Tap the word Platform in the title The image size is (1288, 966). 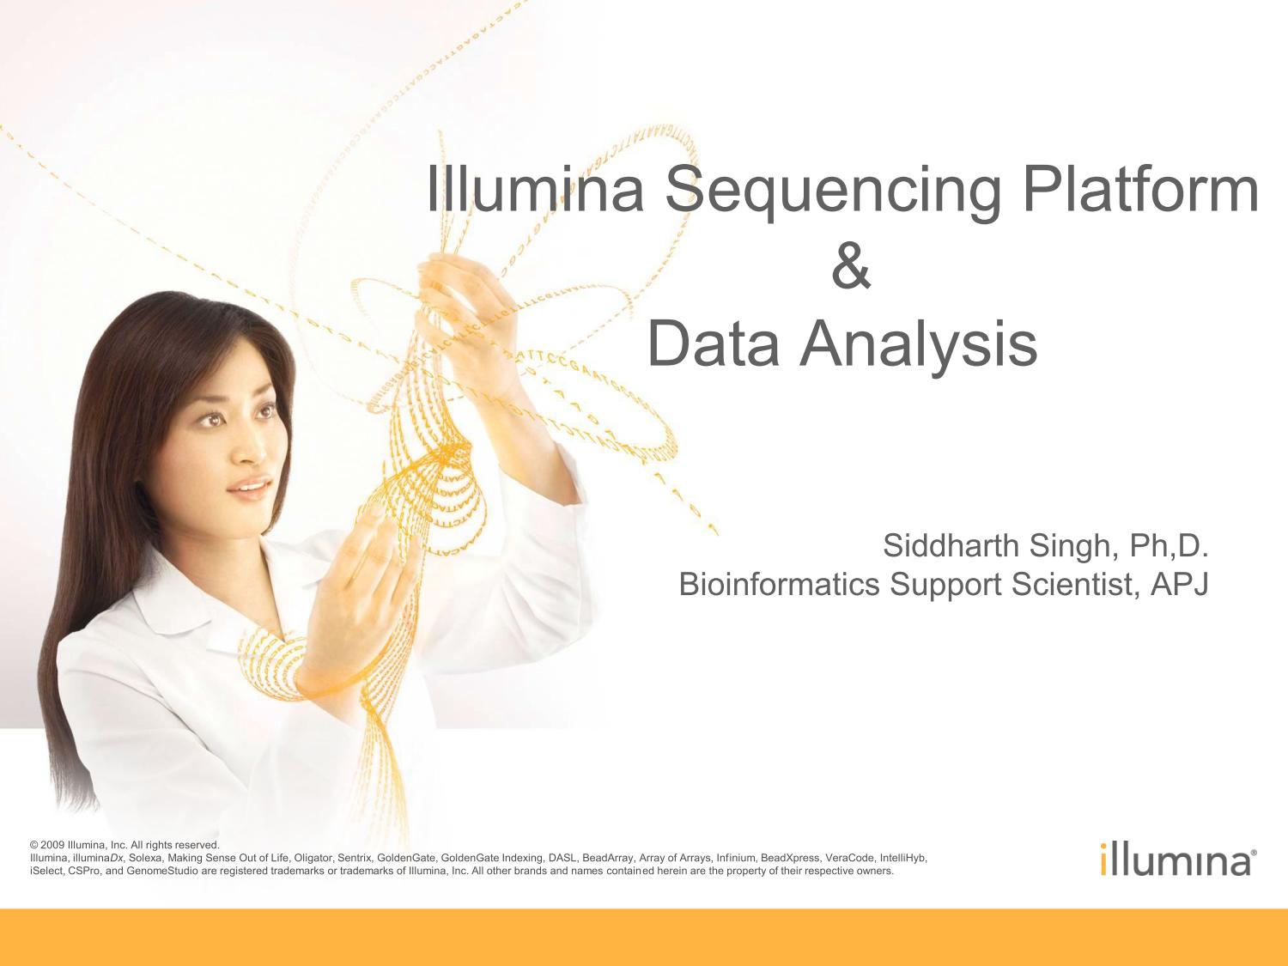coord(1141,186)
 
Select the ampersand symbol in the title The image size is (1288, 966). coord(851,267)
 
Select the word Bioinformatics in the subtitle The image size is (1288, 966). coord(779,584)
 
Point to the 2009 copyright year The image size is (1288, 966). coord(52,845)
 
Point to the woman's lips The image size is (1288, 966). coord(251,486)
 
